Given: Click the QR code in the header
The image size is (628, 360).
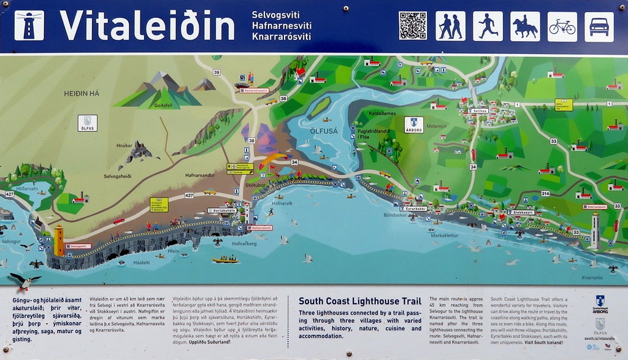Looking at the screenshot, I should (x=413, y=26).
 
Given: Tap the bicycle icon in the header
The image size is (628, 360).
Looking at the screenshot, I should (x=562, y=26).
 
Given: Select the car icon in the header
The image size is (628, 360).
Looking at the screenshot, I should (x=599, y=26).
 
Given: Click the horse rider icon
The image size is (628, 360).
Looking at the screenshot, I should (x=525, y=26).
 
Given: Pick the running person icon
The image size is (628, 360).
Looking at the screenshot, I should (x=488, y=26).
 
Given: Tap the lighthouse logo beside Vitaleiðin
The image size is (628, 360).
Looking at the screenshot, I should (x=29, y=26).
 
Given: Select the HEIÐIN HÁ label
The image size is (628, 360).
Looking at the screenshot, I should (x=82, y=93).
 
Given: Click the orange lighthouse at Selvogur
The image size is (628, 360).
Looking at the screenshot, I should (x=59, y=240).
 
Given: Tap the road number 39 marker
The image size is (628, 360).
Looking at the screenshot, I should (x=216, y=72).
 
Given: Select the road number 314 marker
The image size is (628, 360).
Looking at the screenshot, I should (x=545, y=193).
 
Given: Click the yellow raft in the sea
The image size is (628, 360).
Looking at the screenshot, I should (x=225, y=259).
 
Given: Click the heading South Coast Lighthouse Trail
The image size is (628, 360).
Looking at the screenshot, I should (x=359, y=301).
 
